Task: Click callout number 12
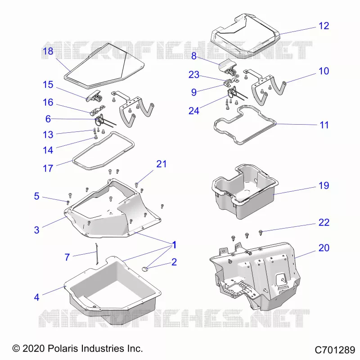pos(324,26)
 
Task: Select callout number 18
pos(48,51)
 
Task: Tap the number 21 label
pos(162,164)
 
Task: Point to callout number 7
pos(67,257)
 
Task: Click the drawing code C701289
pos(335,350)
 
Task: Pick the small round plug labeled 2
pos(145,269)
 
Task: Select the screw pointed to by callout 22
pos(261,233)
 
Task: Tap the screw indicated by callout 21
pos(136,184)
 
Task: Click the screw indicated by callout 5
pos(68,202)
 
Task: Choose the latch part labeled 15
pos(94,96)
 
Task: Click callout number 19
pos(324,185)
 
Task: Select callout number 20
pos(324,248)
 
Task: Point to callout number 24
pos(194,111)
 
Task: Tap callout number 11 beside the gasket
pos(324,125)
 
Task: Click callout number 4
pos(37,297)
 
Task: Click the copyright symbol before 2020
pos(16,348)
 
